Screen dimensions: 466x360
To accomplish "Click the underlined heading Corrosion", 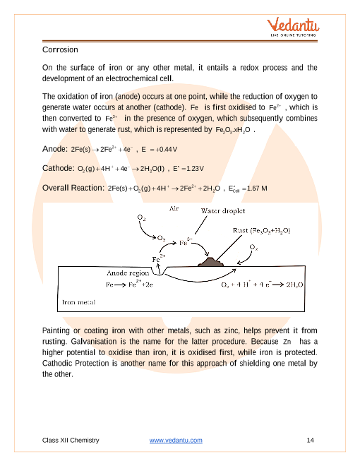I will [60, 50].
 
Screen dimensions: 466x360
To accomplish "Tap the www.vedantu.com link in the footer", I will [176, 441].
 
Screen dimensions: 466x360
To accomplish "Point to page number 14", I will [310, 441].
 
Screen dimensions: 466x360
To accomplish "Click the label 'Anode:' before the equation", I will [55, 148].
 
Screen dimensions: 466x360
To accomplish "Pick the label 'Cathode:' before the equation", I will [59, 168].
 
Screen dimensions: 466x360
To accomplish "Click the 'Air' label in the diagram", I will [174, 209].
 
